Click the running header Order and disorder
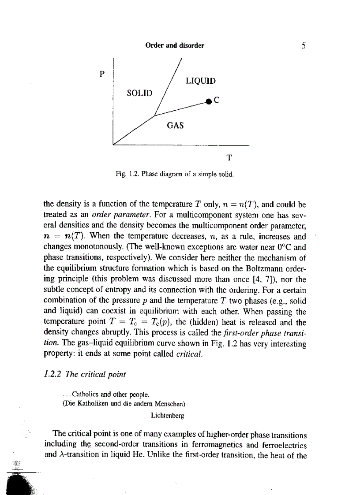click(x=175, y=45)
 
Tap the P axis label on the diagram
click(x=102, y=74)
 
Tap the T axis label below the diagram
click(x=229, y=157)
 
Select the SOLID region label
click(x=139, y=93)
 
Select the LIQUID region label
click(x=200, y=81)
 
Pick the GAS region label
click(x=175, y=125)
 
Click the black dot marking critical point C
click(x=209, y=102)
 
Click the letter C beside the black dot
click(x=217, y=100)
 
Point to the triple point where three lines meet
click(x=154, y=115)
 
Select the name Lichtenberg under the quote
click(x=167, y=415)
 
